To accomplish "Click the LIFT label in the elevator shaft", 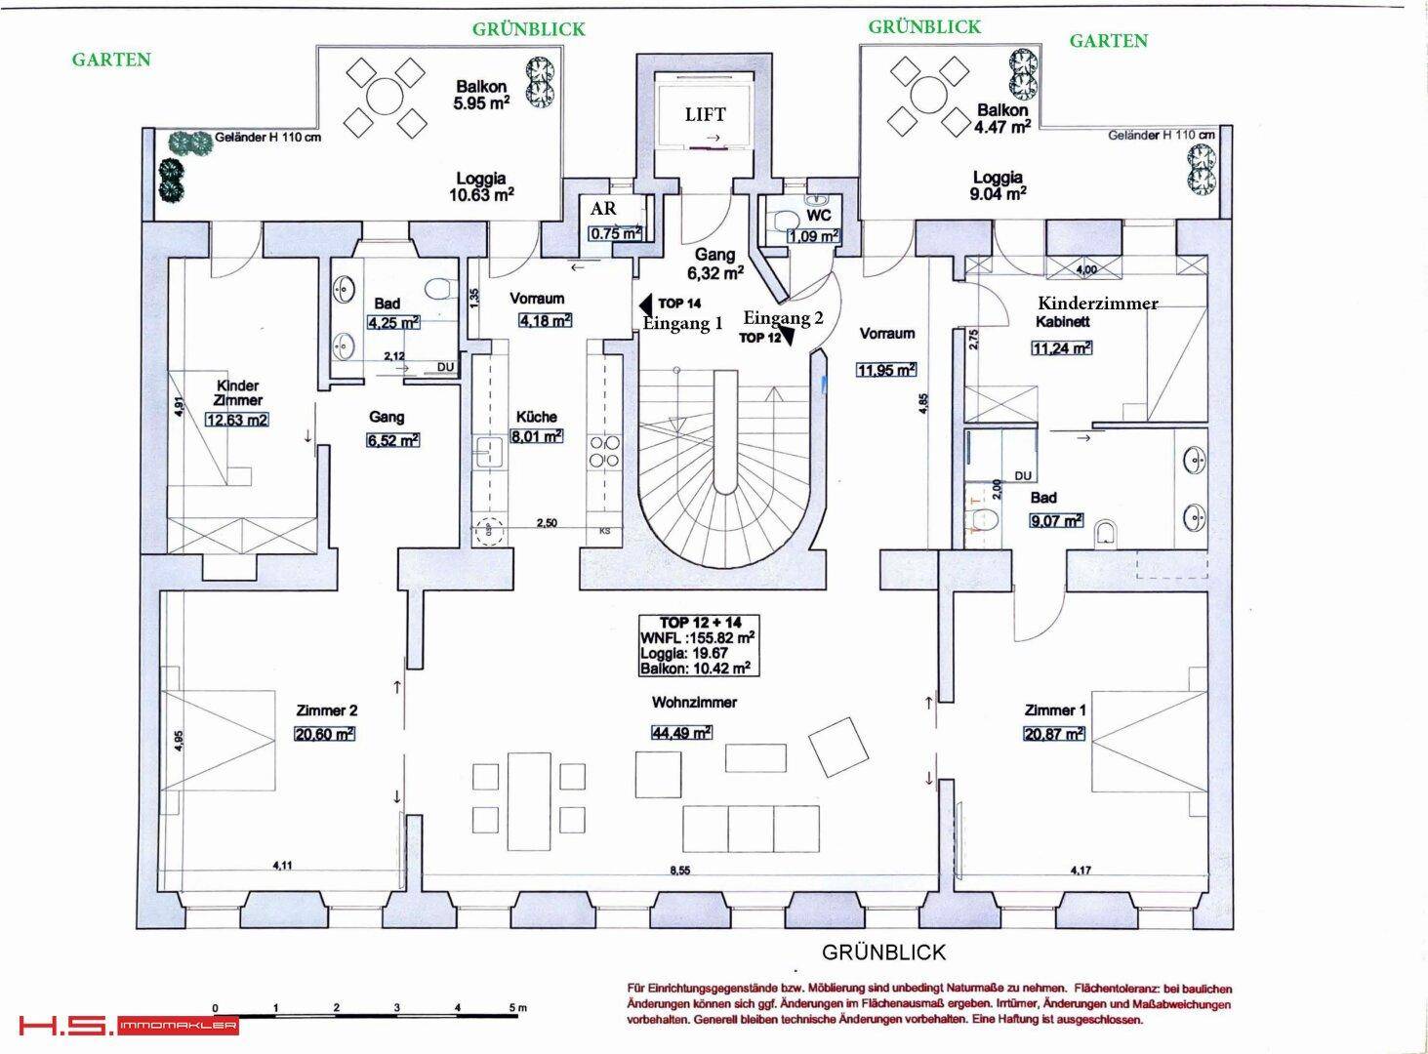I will coord(705,114).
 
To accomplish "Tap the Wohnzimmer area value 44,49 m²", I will coord(681,733).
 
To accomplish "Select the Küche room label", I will coord(536,417).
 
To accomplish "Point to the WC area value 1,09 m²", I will coord(813,235).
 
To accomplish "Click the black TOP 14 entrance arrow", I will coord(643,304).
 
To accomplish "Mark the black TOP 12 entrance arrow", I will coord(788,337).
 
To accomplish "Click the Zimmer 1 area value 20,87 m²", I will coord(1055,734).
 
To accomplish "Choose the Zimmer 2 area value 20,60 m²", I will coord(324,735).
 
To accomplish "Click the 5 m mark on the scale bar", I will coord(516,1008).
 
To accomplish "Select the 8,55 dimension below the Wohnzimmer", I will coord(681,871).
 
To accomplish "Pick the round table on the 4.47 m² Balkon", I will coord(922,95).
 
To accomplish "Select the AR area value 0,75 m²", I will coord(615,233).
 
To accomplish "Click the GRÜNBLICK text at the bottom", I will coord(883,952).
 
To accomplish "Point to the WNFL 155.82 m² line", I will coord(697,637).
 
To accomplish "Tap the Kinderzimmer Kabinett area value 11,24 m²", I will coord(1061,347).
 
